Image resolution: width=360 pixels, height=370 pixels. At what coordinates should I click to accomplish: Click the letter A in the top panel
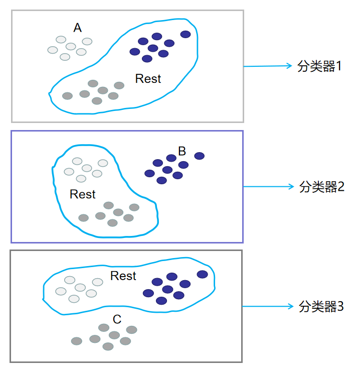coord(78,28)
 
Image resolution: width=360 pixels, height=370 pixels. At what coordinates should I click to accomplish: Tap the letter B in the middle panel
coord(182,151)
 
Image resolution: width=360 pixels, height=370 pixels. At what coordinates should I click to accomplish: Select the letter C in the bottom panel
coord(117,319)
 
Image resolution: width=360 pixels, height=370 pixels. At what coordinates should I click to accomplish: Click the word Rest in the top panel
coord(148,79)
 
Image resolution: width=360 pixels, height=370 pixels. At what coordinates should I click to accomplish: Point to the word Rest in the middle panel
coord(83,194)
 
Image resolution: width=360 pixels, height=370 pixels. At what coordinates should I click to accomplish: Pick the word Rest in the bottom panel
coord(123,276)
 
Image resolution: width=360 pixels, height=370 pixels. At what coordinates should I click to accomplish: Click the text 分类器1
coord(319,66)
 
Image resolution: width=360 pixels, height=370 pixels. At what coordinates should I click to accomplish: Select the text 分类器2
coord(321,187)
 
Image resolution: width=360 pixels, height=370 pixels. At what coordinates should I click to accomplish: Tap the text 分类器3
coord(321,306)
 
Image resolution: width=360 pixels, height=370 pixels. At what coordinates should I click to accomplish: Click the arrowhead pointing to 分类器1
coord(288,66)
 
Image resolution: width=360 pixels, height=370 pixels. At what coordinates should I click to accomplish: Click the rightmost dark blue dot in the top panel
coord(186,34)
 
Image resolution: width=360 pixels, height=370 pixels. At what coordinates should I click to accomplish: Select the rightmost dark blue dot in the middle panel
coord(200,156)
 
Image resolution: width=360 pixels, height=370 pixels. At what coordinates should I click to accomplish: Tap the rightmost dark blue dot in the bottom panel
coord(202,274)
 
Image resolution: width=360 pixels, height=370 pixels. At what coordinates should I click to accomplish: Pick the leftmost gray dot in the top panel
coord(67,96)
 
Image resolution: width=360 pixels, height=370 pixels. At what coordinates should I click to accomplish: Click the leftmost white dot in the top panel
coord(53,50)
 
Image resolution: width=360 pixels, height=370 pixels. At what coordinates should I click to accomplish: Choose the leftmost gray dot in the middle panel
coord(84,218)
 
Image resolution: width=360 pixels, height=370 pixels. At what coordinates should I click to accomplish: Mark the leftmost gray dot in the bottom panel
coord(77,341)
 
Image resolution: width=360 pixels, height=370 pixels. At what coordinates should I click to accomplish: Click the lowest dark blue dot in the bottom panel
coord(161,301)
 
